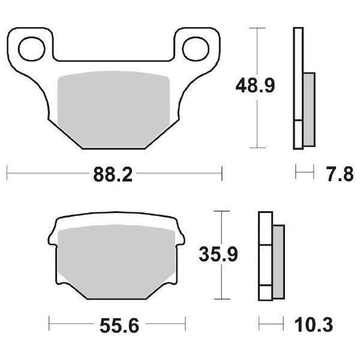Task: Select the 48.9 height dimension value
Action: coord(255,87)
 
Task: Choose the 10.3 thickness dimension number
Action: coord(314,326)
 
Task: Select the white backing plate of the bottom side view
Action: coord(265,255)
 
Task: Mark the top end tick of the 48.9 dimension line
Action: coord(257,28)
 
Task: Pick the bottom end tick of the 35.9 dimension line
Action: coord(223,299)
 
